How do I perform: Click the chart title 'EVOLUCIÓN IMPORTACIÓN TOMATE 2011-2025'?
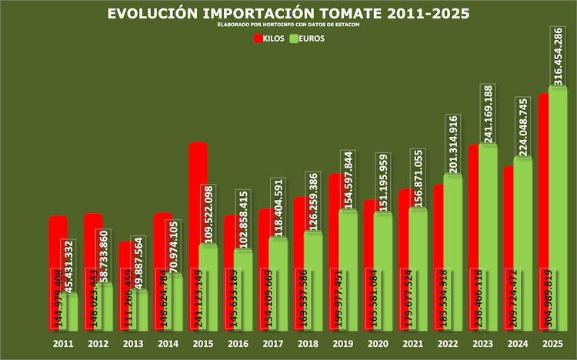click(x=288, y=14)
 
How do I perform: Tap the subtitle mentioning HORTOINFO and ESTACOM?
click(x=288, y=25)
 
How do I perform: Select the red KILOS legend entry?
click(x=270, y=38)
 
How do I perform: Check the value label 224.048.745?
click(x=523, y=126)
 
